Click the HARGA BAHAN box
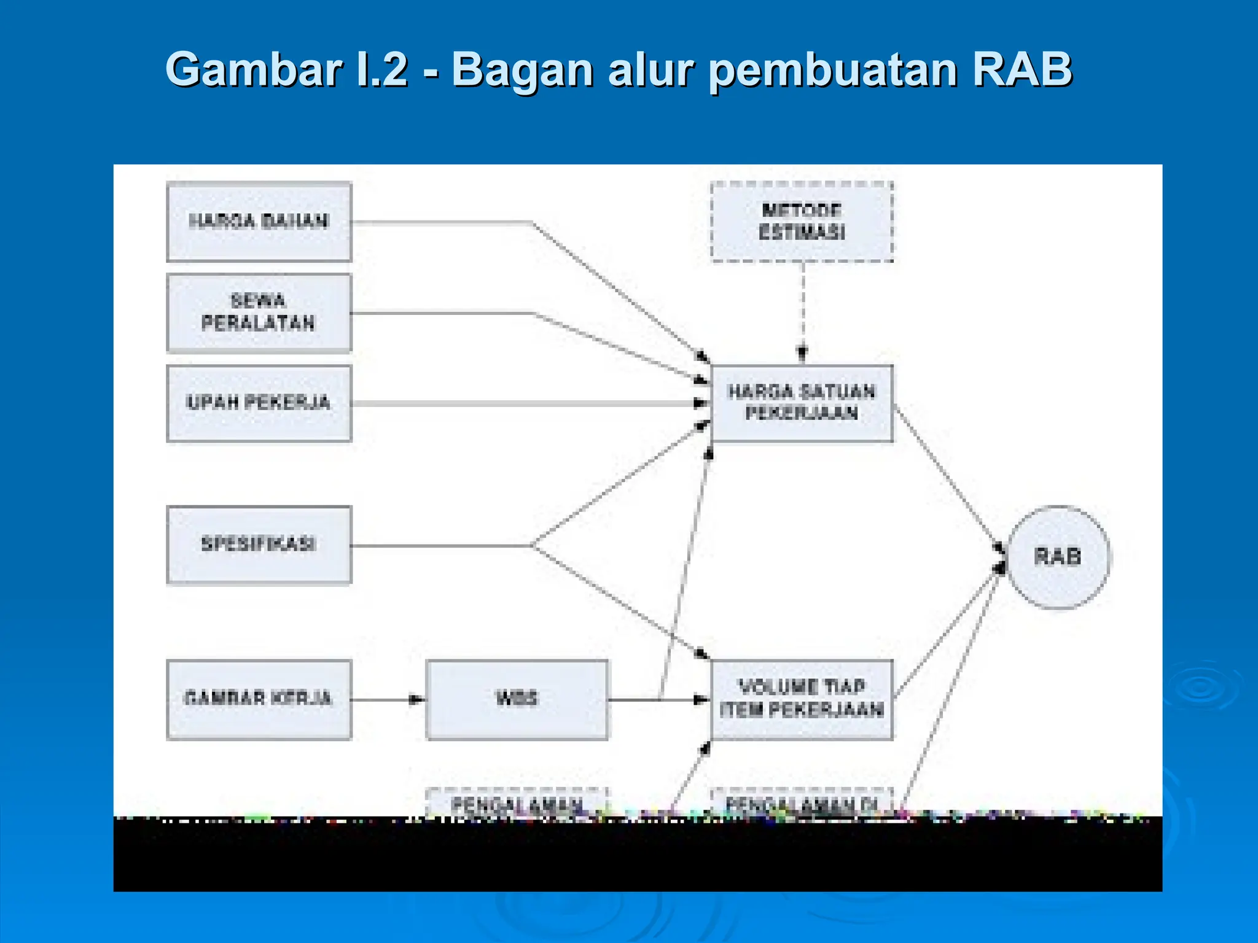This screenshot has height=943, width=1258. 259,222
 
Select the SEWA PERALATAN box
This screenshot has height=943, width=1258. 259,312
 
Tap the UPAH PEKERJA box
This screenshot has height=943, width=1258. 259,403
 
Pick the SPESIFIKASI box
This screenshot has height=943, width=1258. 259,545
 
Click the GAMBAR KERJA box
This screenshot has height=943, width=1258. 259,699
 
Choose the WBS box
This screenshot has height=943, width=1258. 517,699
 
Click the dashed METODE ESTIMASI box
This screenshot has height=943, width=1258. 801,222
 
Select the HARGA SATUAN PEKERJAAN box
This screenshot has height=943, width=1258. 801,403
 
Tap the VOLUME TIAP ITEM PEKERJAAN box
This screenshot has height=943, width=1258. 801,699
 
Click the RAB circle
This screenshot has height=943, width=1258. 1058,557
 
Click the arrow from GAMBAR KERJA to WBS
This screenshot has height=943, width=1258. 387,699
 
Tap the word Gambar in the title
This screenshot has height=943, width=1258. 253,69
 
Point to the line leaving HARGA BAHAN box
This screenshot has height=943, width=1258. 442,222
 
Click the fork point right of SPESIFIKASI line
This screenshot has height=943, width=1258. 532,545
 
